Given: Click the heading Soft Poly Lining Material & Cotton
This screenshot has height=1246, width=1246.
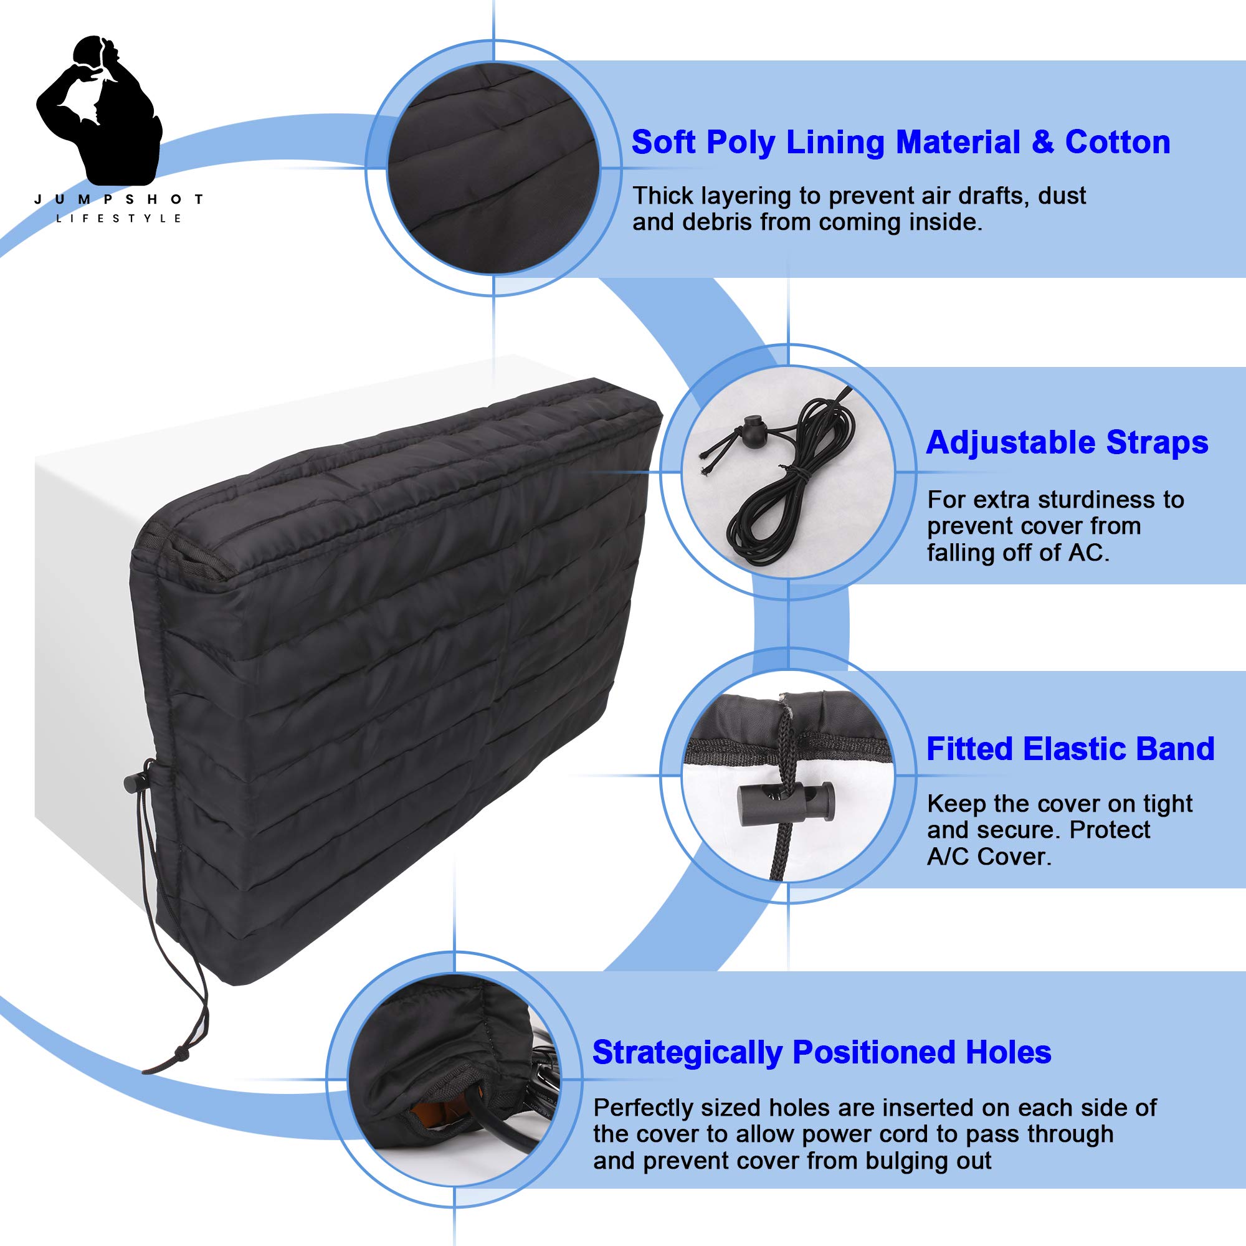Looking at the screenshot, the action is point(900,143).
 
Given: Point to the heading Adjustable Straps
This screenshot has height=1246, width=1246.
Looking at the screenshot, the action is point(1067,443).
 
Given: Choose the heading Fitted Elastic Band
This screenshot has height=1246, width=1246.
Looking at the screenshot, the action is point(1070,749).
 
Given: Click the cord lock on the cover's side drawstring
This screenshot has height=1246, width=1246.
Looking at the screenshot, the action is point(132,782).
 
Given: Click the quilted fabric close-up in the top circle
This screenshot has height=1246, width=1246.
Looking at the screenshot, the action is point(493,168).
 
